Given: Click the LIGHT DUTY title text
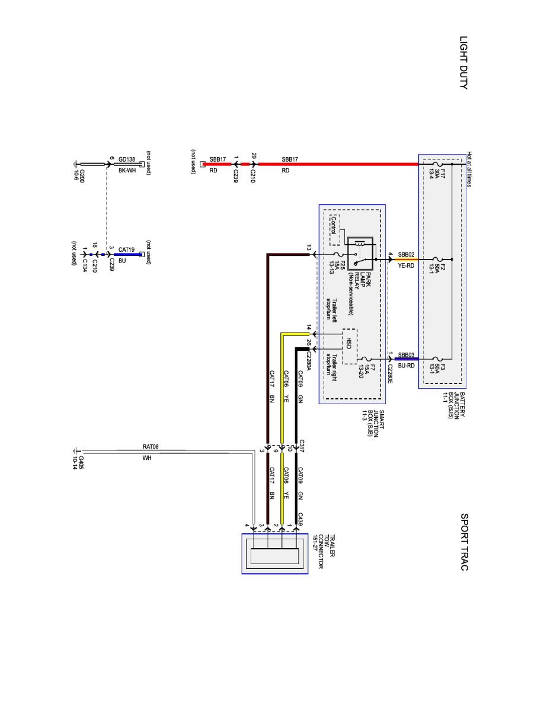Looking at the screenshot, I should click(463, 62).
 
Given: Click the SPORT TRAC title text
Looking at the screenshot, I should click(463, 542).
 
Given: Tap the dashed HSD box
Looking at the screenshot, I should click(350, 346).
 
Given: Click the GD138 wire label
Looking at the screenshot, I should click(127, 159).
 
